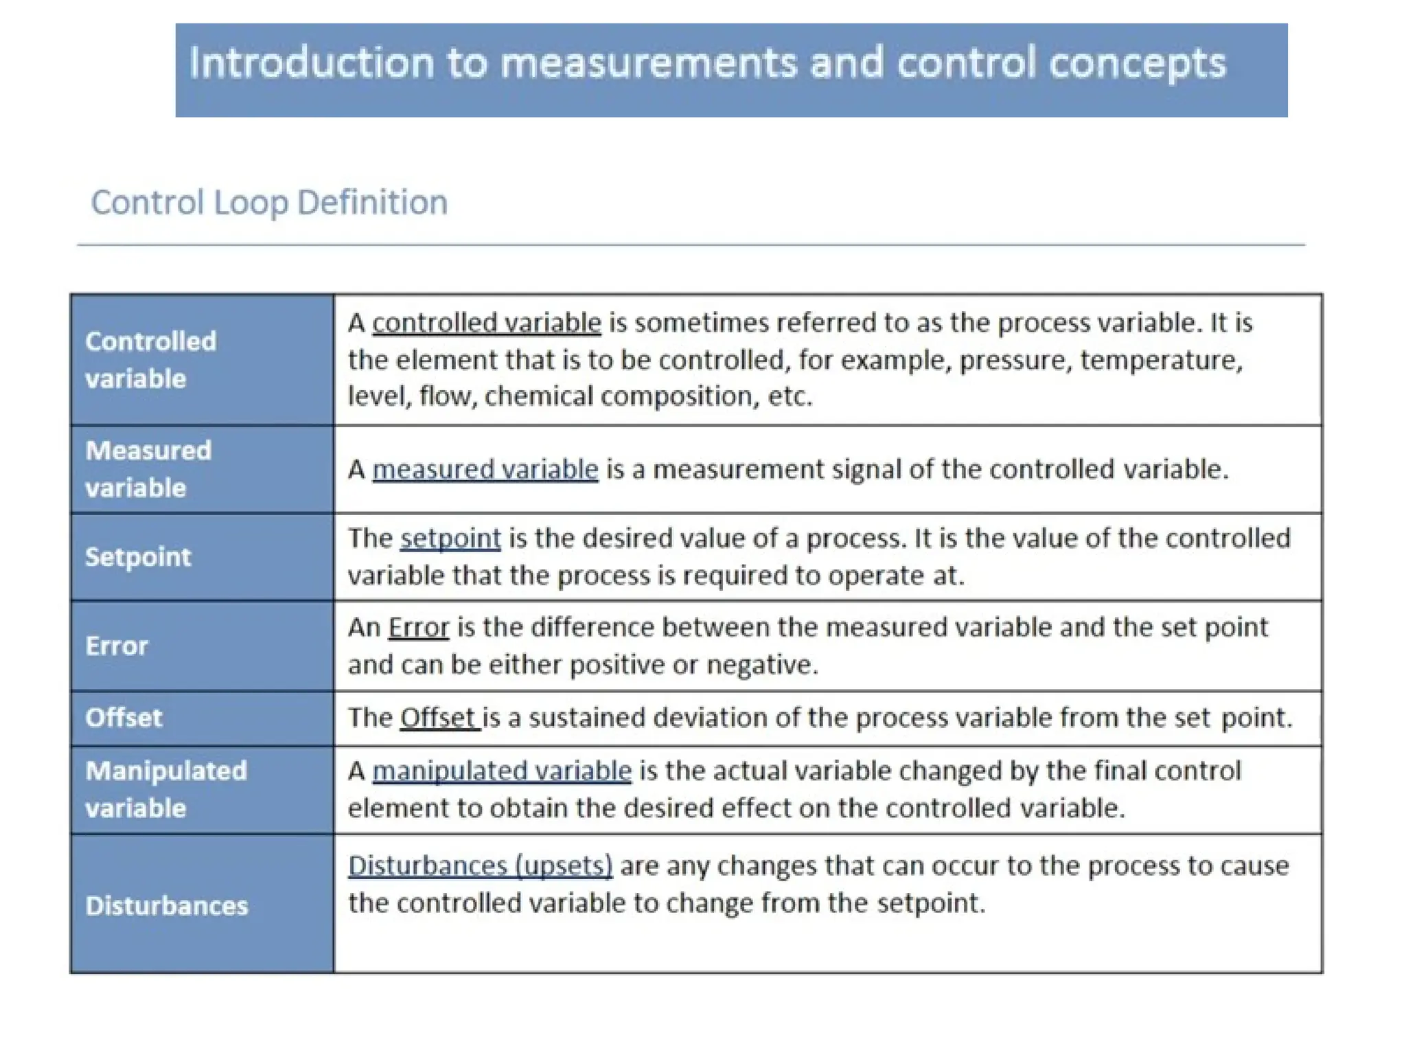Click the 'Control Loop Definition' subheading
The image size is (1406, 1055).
(269, 203)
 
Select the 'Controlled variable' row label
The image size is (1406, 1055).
(150, 359)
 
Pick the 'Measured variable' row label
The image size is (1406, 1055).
(148, 469)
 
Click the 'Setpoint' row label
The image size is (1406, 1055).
(138, 556)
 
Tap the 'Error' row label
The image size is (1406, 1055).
(117, 646)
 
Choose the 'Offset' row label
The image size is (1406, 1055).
(124, 718)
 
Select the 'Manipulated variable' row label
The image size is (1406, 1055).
(166, 789)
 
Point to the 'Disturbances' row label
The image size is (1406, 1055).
(167, 905)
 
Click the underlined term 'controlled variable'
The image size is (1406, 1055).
(487, 323)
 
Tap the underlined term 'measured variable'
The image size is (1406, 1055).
(485, 470)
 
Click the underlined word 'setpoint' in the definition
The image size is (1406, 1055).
(450, 538)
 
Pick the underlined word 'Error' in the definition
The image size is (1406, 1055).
(418, 628)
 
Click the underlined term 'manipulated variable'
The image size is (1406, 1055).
(502, 771)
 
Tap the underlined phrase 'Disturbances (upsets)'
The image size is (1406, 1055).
(480, 866)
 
